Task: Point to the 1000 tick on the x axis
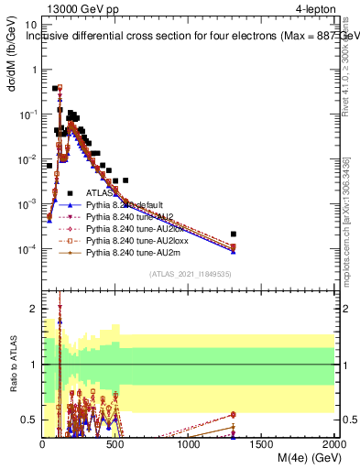click(189, 442)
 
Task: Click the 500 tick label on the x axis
click(115, 442)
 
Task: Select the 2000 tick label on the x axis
click(334, 442)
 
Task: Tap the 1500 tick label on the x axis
click(262, 442)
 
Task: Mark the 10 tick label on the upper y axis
click(31, 26)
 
